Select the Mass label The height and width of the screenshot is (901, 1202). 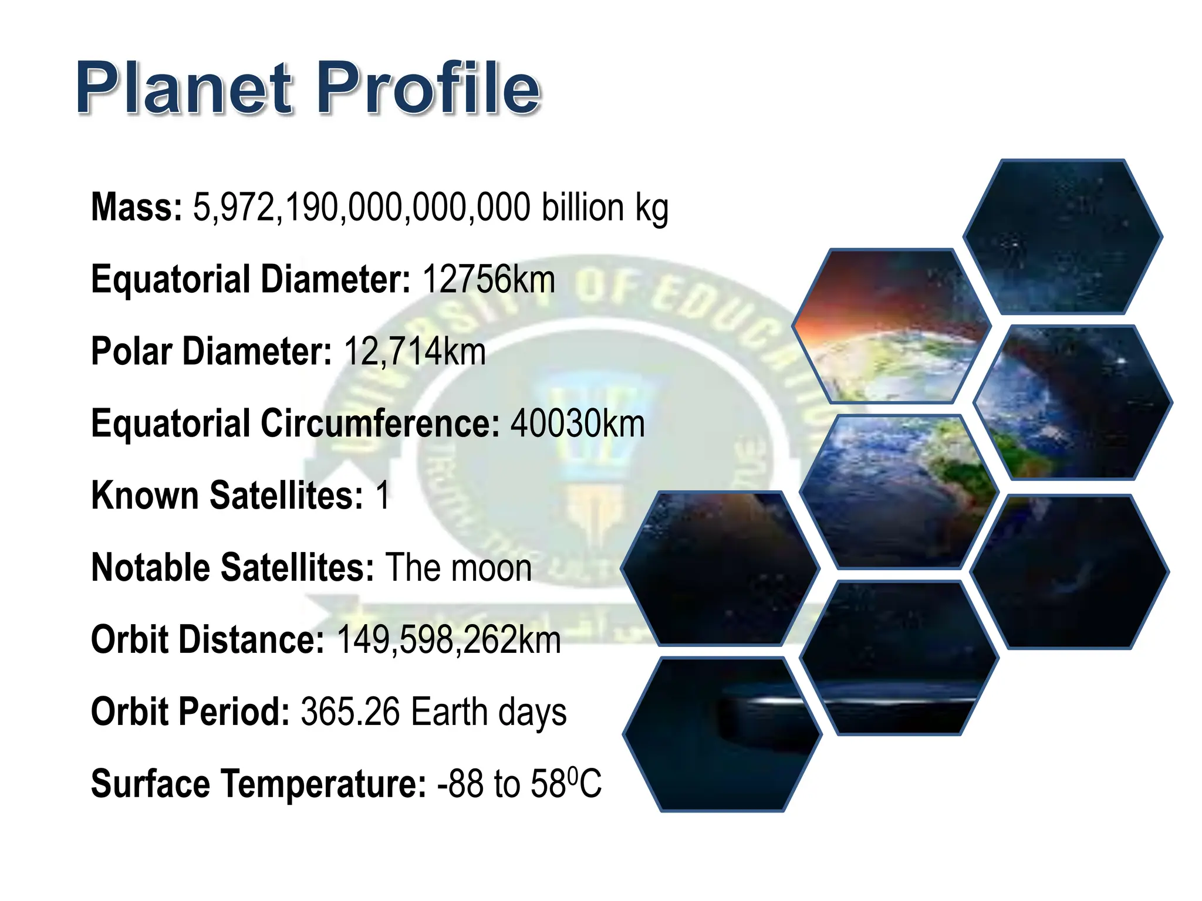pos(137,207)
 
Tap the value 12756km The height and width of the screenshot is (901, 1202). pos(488,279)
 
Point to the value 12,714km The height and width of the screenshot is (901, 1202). pos(414,351)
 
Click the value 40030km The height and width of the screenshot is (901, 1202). pos(578,424)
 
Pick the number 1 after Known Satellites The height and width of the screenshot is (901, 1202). pos(383,496)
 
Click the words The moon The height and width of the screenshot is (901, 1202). pos(458,568)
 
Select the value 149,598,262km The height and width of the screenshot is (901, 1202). pos(449,640)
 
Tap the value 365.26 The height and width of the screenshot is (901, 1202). pos(350,712)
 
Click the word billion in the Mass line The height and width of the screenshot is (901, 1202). pos(582,207)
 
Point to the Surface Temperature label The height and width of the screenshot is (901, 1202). pos(258,784)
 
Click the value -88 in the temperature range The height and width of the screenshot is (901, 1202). pos(460,784)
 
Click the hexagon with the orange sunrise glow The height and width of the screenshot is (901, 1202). pos(891,326)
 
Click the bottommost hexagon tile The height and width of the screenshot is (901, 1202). pos(722,734)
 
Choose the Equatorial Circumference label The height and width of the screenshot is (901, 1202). pos(295,424)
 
